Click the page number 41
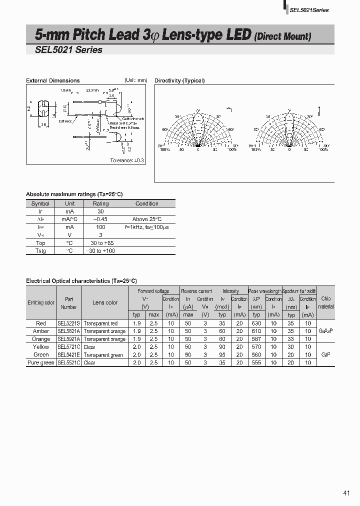[x=346, y=493]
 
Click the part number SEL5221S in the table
[x=69, y=323]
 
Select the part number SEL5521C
[x=69, y=362]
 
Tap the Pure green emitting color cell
[x=41, y=362]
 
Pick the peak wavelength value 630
[x=256, y=323]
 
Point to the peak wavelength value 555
[x=256, y=362]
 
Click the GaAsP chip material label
[x=325, y=331]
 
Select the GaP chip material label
[x=325, y=354]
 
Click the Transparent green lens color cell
[x=103, y=355]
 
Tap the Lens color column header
[x=105, y=302]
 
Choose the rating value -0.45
[x=100, y=219]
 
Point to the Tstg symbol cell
[x=40, y=250]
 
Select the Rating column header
[x=100, y=203]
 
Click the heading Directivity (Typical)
[x=179, y=80]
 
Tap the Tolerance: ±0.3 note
[x=127, y=160]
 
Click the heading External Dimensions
[x=52, y=80]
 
